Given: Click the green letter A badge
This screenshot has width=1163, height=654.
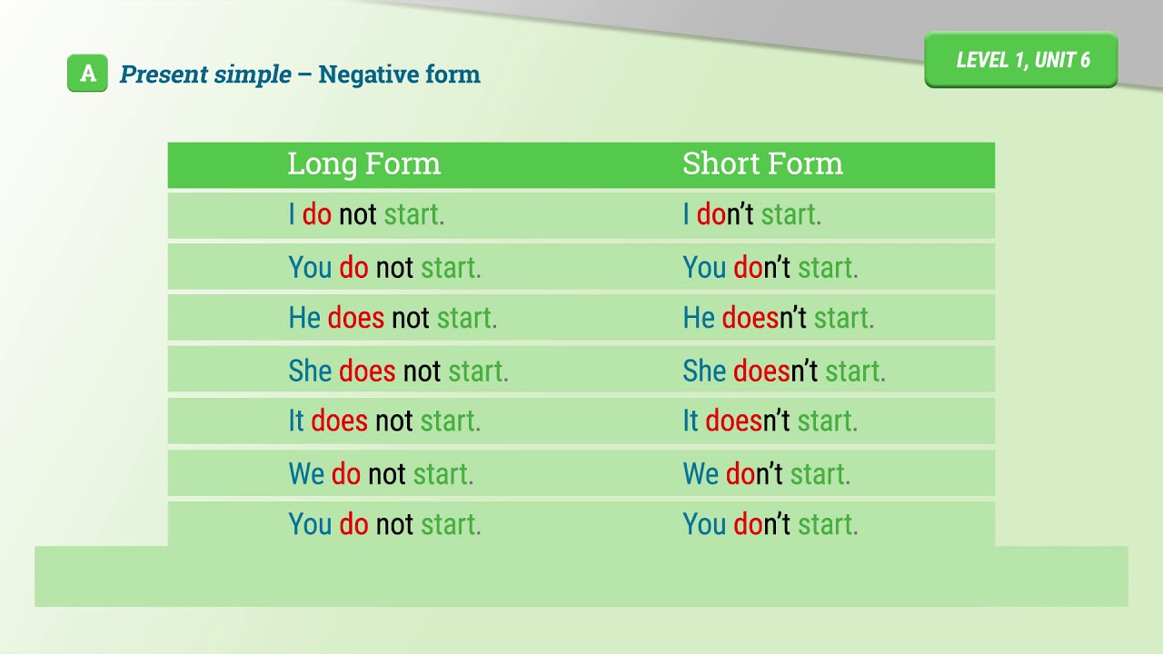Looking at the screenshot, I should pos(87,74).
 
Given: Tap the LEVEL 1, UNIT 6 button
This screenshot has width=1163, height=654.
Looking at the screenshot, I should pos(1021,60).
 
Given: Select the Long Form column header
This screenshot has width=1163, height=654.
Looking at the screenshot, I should pos(363,163).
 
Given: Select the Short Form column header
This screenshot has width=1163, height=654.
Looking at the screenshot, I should pos(762,163).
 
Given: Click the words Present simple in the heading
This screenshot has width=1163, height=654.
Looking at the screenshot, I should pos(205,74).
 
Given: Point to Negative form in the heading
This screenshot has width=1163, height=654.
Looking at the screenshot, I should pos(399,74).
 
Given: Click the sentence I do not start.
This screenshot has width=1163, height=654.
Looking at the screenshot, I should pos(366,214).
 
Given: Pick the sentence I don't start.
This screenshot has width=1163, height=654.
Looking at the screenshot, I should pos(751,214).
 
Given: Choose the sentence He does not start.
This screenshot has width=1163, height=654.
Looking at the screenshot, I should pos(393,318).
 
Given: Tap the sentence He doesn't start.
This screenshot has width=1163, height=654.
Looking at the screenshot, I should pos(778,318).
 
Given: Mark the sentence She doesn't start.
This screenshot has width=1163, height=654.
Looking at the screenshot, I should pos(783,371).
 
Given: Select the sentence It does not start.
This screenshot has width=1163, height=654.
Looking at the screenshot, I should pos(384,421).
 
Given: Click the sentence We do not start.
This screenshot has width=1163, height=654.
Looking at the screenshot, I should pos(381,473).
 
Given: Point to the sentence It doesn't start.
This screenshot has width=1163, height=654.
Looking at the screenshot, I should pos(770,421).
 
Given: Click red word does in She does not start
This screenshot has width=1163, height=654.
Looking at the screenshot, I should pos(367,371).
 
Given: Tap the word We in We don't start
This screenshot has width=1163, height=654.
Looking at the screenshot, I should pos(700,473).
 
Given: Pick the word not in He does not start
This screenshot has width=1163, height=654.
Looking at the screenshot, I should pos(410,318).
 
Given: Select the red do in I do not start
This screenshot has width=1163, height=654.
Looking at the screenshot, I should pos(317,214).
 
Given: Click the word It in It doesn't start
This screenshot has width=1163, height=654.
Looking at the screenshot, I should pos(691,421).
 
